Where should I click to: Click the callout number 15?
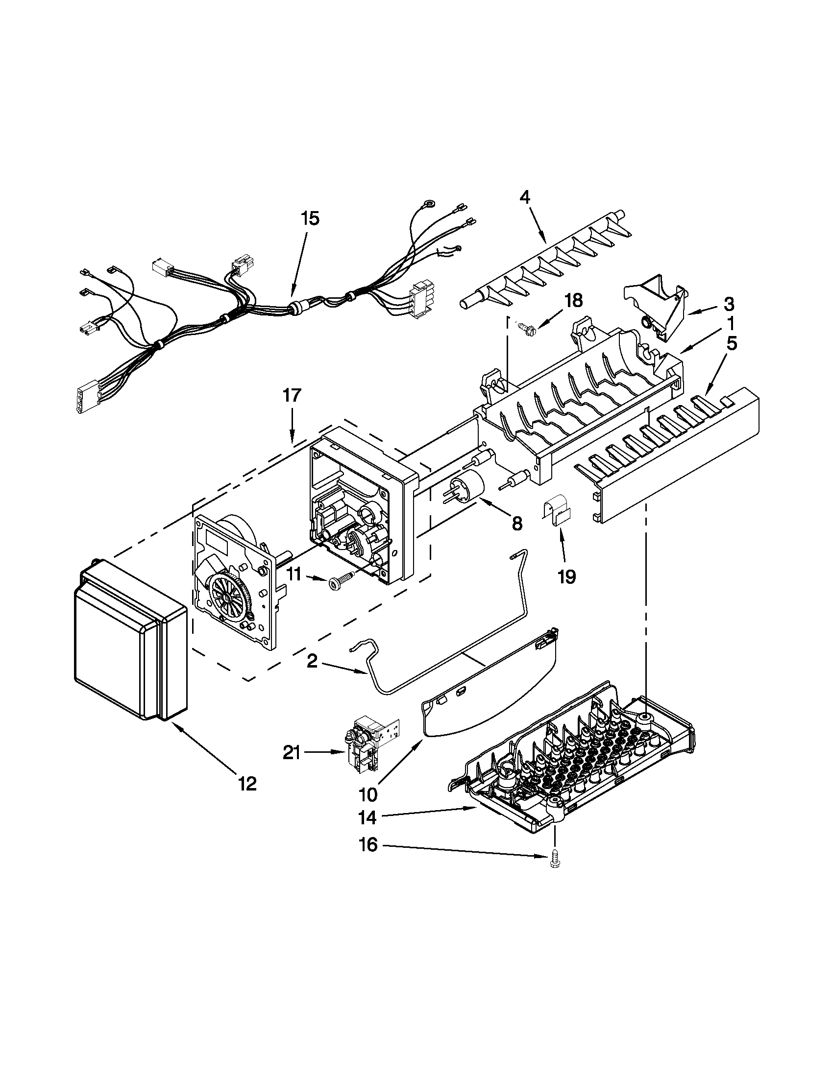(310, 218)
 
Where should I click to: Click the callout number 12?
(247, 783)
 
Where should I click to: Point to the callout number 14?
(368, 818)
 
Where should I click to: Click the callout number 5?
(731, 343)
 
